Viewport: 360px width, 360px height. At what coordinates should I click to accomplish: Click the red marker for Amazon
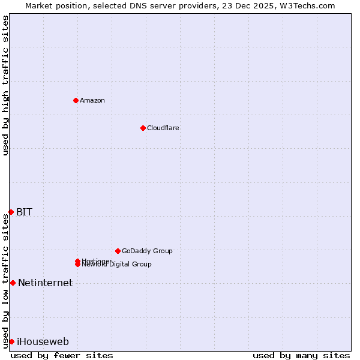pyautogui.click(x=76, y=100)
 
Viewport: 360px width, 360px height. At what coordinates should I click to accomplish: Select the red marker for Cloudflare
pyautogui.click(x=143, y=128)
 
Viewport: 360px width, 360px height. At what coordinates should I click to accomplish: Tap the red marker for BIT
pyautogui.click(x=11, y=212)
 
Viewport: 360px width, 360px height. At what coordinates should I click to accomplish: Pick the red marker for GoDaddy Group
pyautogui.click(x=118, y=251)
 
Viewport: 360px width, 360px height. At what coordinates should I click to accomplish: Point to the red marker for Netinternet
pyautogui.click(x=13, y=283)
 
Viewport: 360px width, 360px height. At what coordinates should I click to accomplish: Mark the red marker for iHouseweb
pyautogui.click(x=11, y=341)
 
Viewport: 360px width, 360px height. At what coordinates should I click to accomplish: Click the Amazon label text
pyautogui.click(x=92, y=100)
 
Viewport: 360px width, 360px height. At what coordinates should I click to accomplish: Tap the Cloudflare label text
pyautogui.click(x=163, y=128)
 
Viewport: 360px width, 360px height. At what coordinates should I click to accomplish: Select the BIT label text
pyautogui.click(x=24, y=212)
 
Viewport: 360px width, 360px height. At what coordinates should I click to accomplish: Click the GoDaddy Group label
pyautogui.click(x=147, y=251)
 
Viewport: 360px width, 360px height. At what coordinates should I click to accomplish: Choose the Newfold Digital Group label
pyautogui.click(x=117, y=265)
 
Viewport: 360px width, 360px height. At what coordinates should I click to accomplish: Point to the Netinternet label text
pyautogui.click(x=45, y=283)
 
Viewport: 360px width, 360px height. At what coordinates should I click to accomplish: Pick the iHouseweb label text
pyautogui.click(x=43, y=342)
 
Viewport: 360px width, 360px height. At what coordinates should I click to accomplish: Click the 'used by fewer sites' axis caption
pyautogui.click(x=62, y=355)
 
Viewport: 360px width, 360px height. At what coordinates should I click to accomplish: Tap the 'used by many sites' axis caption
pyautogui.click(x=301, y=355)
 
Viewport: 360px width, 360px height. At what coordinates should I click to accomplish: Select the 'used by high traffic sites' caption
pyautogui.click(x=5, y=85)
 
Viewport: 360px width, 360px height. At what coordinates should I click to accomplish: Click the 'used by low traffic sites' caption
pyautogui.click(x=5, y=281)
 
